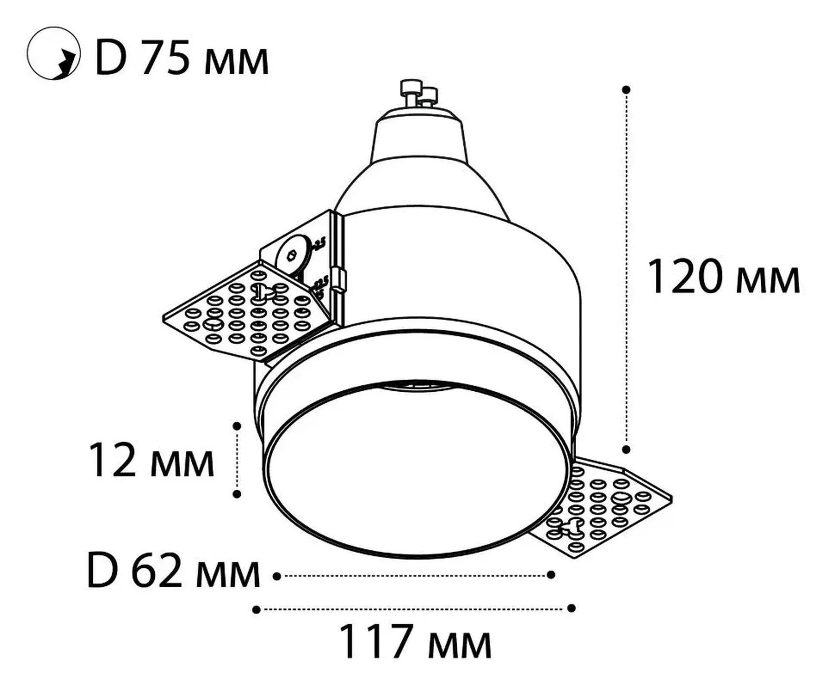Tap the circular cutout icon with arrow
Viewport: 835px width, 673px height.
tap(53, 53)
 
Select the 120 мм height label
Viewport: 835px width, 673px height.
tap(723, 277)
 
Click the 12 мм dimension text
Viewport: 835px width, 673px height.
tap(151, 461)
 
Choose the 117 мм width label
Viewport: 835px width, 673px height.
tap(415, 641)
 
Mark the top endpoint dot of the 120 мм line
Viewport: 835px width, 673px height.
tap(626, 90)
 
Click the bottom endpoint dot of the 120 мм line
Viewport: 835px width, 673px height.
tap(626, 449)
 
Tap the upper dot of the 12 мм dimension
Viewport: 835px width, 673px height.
tap(237, 426)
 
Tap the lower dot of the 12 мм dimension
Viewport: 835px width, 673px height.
tap(237, 494)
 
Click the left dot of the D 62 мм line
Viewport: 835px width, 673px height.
tap(277, 576)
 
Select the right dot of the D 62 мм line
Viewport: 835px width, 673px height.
tap(551, 575)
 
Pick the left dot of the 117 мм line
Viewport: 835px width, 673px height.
tap(256, 609)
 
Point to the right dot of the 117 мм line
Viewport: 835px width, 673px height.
tap(571, 608)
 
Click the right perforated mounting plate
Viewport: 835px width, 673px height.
tap(607, 509)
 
